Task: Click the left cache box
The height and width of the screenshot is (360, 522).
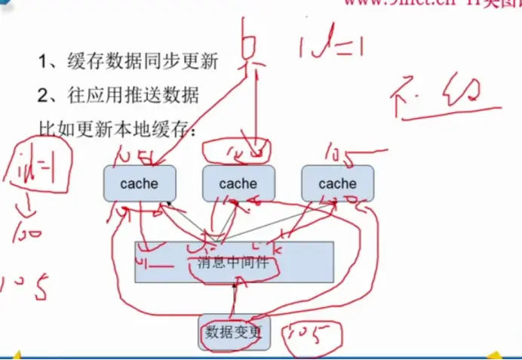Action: coord(140,183)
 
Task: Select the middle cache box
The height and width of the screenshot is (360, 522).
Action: coord(238,183)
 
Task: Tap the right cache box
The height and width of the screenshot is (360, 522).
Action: coord(337,183)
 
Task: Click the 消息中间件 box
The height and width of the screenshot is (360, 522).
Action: coord(233,262)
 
